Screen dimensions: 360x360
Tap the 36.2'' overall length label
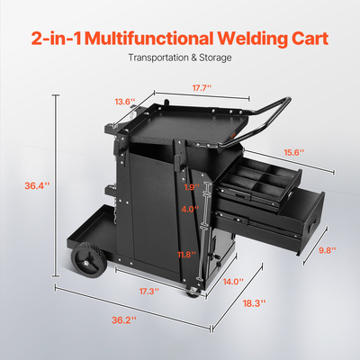pyautogui.click(x=123, y=319)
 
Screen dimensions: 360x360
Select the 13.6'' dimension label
pyautogui.click(x=125, y=101)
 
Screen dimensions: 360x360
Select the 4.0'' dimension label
pyautogui.click(x=189, y=209)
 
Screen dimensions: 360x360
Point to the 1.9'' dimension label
pyautogui.click(x=189, y=188)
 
